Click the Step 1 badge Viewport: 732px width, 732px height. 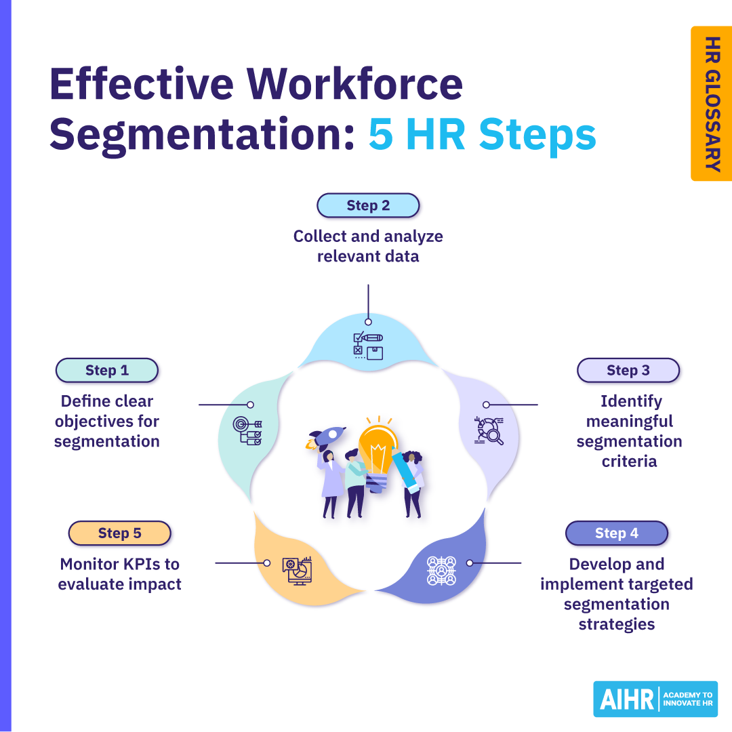click(x=106, y=371)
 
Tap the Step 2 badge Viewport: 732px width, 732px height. click(x=368, y=205)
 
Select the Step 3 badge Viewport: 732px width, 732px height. click(x=628, y=371)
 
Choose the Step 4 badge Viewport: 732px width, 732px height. click(x=616, y=533)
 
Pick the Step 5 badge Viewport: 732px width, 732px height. click(x=119, y=533)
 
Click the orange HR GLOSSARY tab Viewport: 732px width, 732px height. click(x=711, y=104)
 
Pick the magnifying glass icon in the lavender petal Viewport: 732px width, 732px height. click(x=489, y=430)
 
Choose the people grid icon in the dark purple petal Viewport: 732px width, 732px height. click(x=441, y=571)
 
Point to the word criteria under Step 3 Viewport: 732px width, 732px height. click(x=629, y=462)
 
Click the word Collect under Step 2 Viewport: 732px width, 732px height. click(x=319, y=237)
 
